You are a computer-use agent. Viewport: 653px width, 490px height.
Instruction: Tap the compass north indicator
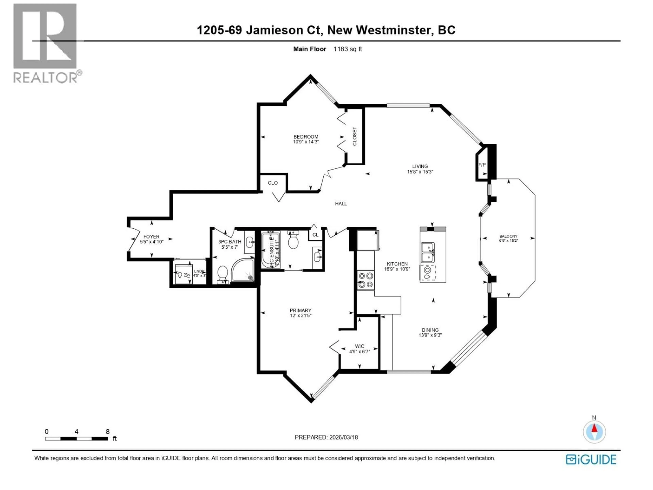pyautogui.click(x=595, y=432)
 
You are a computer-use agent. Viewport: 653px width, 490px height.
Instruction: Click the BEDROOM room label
pyautogui.click(x=306, y=137)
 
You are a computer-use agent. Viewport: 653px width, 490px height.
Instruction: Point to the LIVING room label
pyautogui.click(x=420, y=166)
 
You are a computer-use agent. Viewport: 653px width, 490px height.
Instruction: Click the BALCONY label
pyautogui.click(x=508, y=236)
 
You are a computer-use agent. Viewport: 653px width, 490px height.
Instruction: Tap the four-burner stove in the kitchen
pyautogui.click(x=365, y=280)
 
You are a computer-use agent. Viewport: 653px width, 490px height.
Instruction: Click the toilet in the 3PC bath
pyautogui.click(x=222, y=274)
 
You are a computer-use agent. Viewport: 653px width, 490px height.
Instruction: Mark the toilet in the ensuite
pyautogui.click(x=293, y=241)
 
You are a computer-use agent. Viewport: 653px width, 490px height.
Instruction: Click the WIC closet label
pyautogui.click(x=359, y=346)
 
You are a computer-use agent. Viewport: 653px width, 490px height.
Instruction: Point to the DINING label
pyautogui.click(x=430, y=330)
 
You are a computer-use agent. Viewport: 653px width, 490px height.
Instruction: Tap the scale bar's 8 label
pyautogui.click(x=108, y=431)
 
